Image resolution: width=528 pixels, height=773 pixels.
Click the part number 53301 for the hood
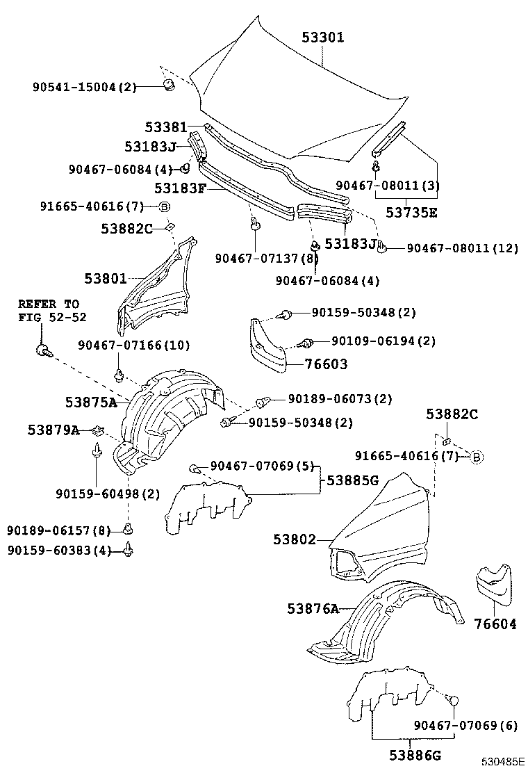coord(323,38)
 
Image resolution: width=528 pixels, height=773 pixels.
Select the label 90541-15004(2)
coord(85,87)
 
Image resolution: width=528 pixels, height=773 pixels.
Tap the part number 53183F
coord(179,188)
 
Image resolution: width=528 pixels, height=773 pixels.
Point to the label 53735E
coord(411,213)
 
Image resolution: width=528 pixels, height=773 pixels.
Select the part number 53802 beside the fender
coord(295,539)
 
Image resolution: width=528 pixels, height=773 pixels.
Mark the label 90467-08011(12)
coord(462,248)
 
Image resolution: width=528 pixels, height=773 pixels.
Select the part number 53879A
coord(53,430)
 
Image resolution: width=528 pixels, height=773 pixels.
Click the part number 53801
coord(106,279)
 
